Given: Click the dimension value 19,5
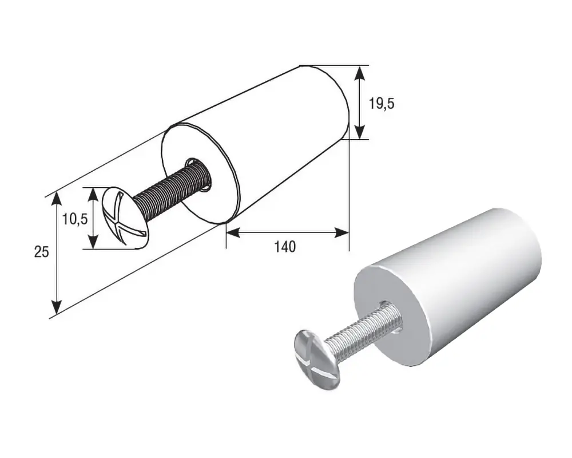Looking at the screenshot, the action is point(381,104).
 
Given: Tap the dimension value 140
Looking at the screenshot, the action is point(285,247).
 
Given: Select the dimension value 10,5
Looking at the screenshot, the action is point(75,219).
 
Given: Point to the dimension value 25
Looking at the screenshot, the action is point(41,252).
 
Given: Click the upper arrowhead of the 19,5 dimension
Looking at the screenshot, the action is point(359,73).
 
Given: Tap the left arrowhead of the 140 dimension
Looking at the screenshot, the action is point(233,232).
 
